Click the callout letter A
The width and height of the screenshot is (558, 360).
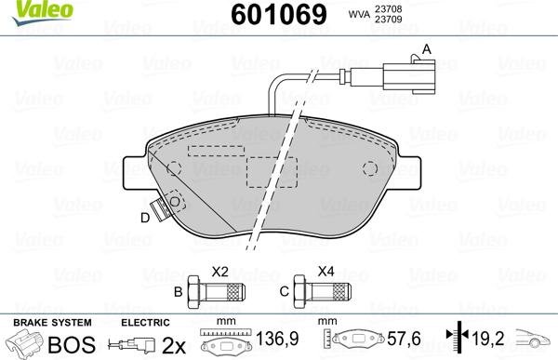pyautogui.click(x=428, y=48)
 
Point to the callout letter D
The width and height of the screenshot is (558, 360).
pyautogui.click(x=144, y=219)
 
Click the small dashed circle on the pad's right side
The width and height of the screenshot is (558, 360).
pyautogui.click(x=370, y=169)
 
